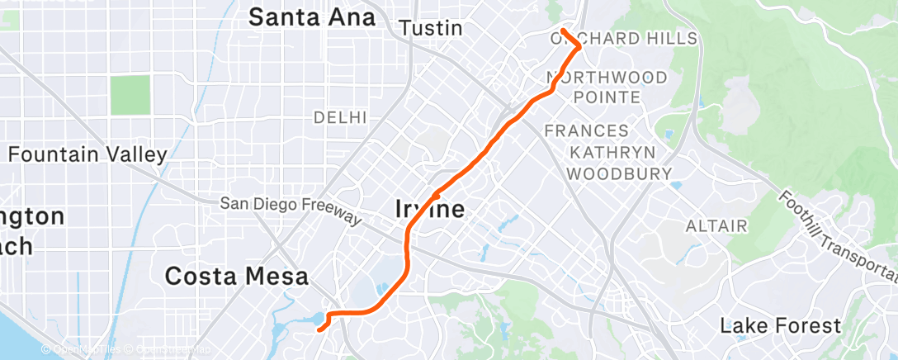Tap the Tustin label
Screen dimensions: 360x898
tap(430, 28)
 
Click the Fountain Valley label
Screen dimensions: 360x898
tap(87, 154)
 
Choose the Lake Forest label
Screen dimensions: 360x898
tap(780, 325)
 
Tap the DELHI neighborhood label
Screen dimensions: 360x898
tap(339, 118)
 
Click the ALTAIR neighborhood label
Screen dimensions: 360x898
tap(716, 225)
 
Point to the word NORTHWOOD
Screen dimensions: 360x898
tap(607, 78)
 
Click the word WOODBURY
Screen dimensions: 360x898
tap(619, 173)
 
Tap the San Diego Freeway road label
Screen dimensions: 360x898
tap(291, 209)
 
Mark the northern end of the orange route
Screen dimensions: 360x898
tap(563, 31)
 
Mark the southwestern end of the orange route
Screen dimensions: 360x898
tap(319, 329)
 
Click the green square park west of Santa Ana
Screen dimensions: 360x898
tap(130, 95)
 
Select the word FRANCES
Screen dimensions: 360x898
tap(587, 130)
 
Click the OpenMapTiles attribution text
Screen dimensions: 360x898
tap(83, 350)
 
